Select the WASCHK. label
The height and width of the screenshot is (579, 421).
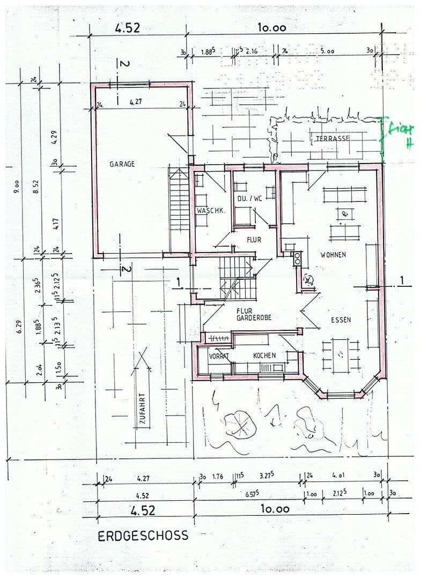click(x=210, y=211)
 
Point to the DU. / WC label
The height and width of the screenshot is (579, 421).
click(x=249, y=198)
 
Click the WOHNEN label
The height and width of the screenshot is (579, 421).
click(x=333, y=255)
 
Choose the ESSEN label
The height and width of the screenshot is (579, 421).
click(x=341, y=320)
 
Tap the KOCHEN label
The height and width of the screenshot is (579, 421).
click(x=264, y=355)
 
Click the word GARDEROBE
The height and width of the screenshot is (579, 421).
click(x=254, y=317)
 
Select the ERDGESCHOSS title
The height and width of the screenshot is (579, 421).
click(x=143, y=535)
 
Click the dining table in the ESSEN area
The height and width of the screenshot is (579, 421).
click(x=340, y=354)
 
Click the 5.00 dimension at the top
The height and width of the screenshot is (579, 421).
click(x=327, y=51)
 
